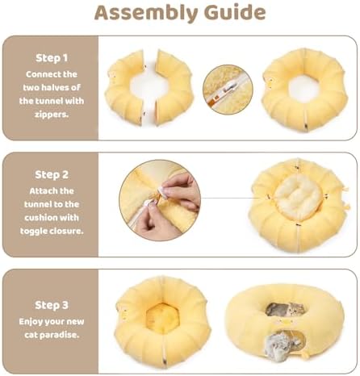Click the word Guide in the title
click(x=235, y=12)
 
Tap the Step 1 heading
click(x=52, y=58)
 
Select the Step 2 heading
click(x=52, y=174)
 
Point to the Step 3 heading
click(x=52, y=305)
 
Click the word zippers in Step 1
click(x=52, y=115)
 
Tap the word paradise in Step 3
click(x=60, y=335)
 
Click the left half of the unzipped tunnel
click(x=124, y=87)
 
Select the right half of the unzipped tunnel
click(x=174, y=87)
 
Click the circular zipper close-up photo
click(x=228, y=90)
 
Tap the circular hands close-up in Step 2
click(x=160, y=200)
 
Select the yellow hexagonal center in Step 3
click(x=163, y=319)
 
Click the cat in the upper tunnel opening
click(x=286, y=310)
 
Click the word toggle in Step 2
click(x=33, y=231)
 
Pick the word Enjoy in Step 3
click(x=31, y=322)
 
